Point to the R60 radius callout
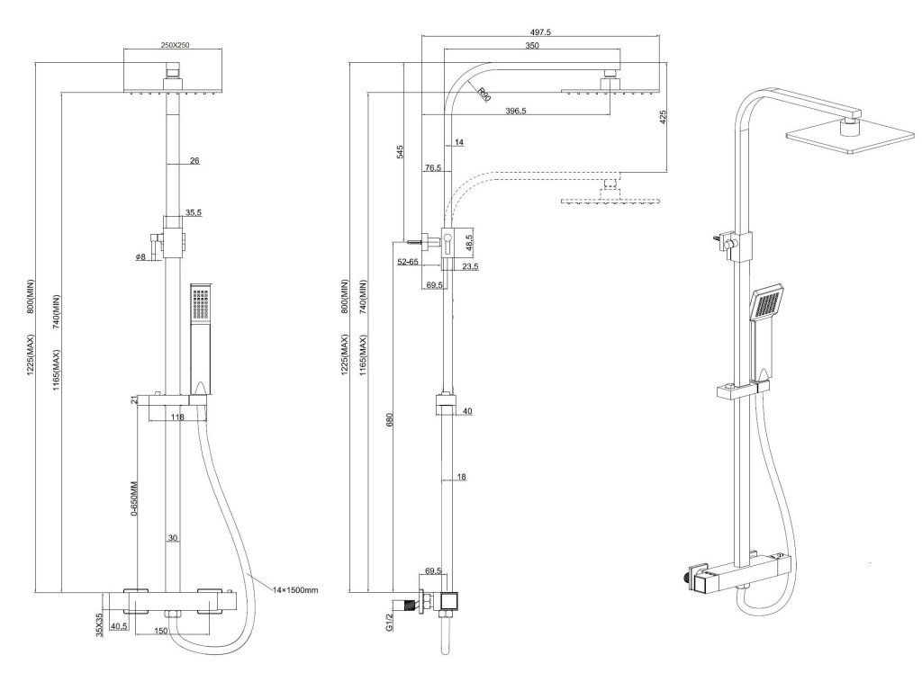coord(484,93)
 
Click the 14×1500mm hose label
coord(297,589)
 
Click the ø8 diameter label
coord(140,257)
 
